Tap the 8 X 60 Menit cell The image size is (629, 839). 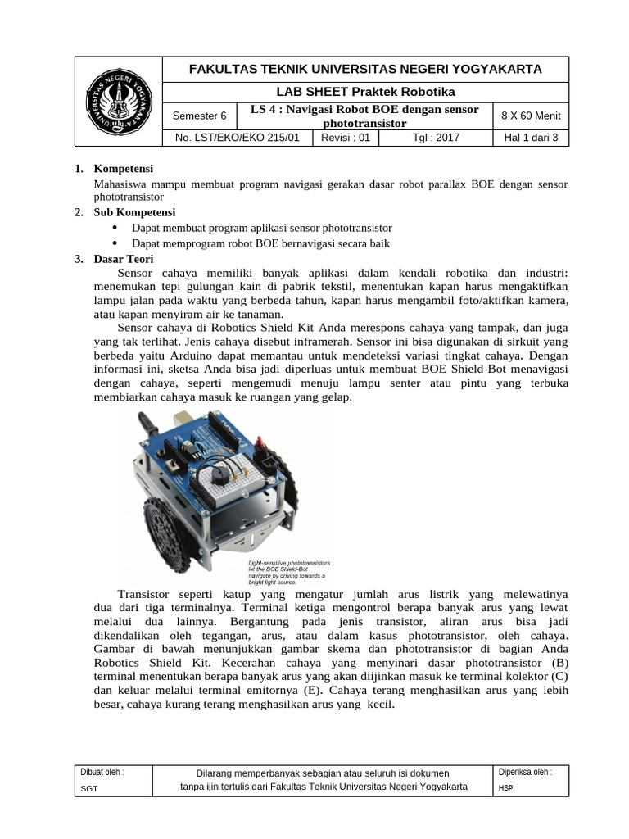(530, 116)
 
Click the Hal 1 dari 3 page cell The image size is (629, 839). (530, 138)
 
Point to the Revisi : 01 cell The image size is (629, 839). (346, 138)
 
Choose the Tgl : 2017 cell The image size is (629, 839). (435, 138)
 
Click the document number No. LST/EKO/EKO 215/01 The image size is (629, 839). (238, 138)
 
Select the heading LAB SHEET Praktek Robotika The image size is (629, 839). (366, 91)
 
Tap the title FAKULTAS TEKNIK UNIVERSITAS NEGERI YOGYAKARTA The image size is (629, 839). (366, 69)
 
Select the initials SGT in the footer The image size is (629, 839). (88, 788)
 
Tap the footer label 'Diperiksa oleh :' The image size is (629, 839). (525, 772)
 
